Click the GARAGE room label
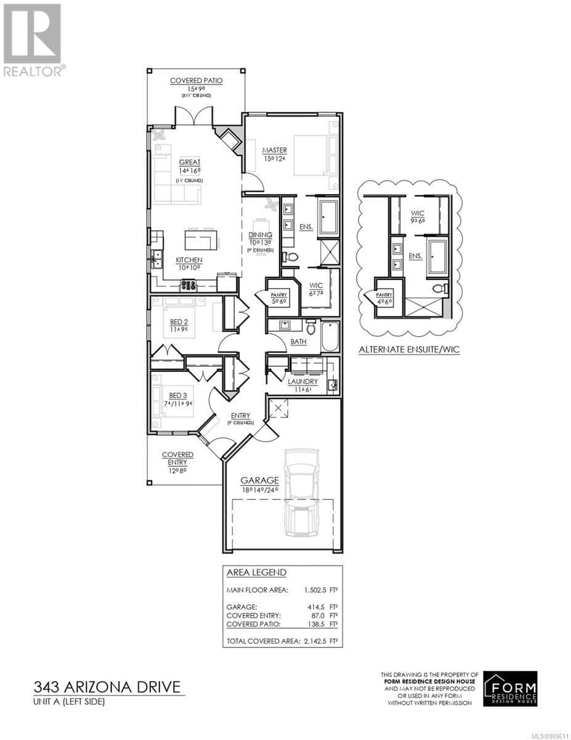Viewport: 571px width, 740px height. click(260, 480)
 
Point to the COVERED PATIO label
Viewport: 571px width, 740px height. click(196, 81)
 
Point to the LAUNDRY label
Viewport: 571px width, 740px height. click(302, 382)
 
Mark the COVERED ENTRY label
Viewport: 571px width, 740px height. click(177, 454)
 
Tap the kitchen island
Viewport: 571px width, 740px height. click(202, 237)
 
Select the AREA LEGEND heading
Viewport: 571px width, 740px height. click(256, 572)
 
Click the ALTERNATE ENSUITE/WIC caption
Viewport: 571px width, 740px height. click(410, 350)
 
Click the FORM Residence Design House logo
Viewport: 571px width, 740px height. click(510, 689)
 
